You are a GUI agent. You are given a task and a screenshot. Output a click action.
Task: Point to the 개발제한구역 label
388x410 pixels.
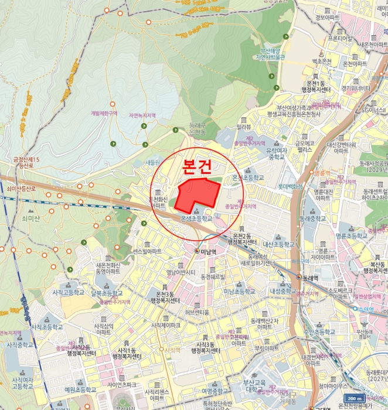coord(104,114)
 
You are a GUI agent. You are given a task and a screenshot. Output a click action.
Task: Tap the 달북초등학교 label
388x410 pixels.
coord(107,293)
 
